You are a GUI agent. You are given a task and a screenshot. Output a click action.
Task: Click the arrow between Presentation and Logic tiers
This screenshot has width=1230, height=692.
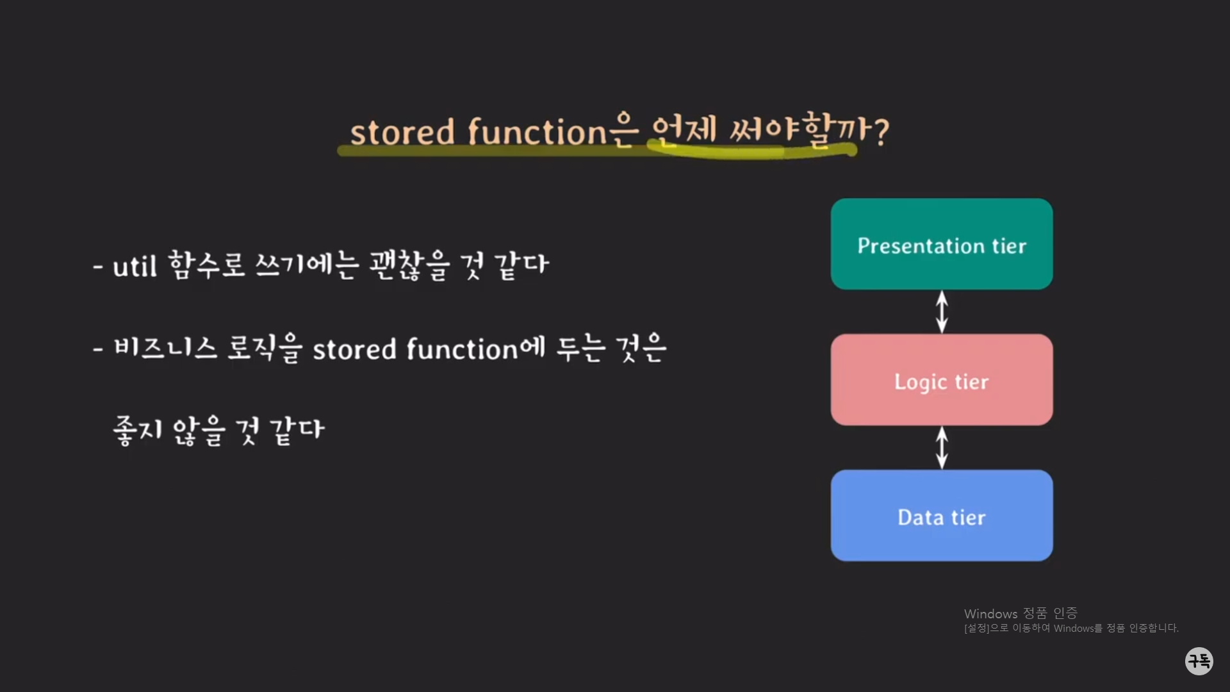point(942,311)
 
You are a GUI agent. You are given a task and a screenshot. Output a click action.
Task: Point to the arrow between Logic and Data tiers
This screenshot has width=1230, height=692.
point(942,447)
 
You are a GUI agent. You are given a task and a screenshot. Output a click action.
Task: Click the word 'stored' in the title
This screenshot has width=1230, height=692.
point(402,133)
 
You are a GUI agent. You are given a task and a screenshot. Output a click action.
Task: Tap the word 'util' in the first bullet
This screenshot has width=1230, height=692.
point(135,266)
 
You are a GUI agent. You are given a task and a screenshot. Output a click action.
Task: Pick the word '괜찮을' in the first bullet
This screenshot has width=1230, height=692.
point(409,265)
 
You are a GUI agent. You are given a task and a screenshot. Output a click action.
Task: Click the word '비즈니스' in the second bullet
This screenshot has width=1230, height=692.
point(165,348)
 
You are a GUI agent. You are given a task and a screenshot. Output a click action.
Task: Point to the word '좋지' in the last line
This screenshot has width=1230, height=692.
point(138,430)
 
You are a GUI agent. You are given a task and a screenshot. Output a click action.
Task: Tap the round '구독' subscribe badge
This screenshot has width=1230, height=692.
point(1199,661)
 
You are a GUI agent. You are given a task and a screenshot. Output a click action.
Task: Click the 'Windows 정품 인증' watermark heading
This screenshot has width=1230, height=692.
point(1021,614)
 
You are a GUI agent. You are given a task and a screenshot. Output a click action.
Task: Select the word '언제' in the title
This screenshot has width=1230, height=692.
point(683,130)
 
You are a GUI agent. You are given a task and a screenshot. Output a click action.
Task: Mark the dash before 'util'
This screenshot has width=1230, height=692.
point(98,267)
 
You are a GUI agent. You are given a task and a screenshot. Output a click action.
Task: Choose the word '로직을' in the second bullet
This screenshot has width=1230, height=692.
point(265,348)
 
